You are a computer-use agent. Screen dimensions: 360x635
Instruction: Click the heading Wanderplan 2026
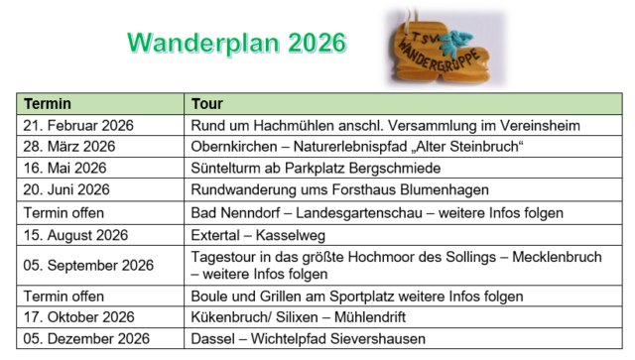pos(236,43)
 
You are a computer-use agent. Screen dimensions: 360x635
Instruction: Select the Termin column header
pos(47,103)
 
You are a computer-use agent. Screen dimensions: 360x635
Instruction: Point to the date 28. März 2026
pos(68,146)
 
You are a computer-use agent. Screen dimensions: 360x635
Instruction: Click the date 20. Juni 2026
pos(66,188)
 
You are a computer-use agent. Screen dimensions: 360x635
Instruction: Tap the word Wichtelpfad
pos(288,338)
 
